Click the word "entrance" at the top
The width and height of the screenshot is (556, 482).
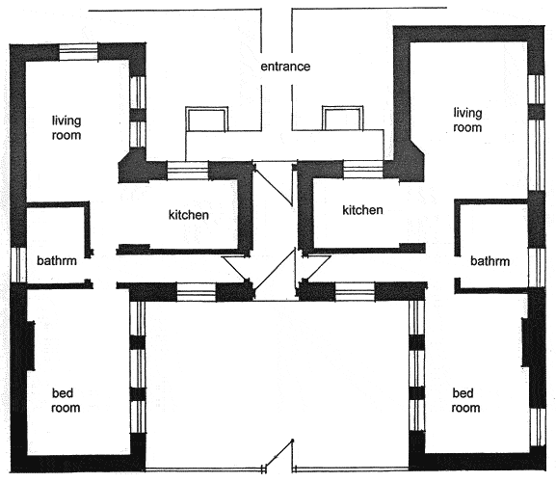coord(285,67)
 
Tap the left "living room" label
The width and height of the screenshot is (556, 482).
coord(66,127)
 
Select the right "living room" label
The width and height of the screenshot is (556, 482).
coord(467,120)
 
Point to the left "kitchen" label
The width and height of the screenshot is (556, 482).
coord(188,215)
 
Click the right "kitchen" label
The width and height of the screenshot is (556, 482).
coord(362,210)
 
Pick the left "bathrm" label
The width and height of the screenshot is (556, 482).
coord(57,260)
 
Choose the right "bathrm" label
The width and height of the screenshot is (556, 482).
coord(490,261)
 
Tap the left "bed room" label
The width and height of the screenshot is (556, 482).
coord(66,400)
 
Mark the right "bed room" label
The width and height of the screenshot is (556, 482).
coord(465,400)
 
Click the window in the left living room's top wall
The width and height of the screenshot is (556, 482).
coord(78,52)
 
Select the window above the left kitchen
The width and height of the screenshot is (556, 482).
coord(188,171)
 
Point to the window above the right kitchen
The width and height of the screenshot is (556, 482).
coord(363,170)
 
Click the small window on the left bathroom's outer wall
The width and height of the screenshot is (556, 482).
coord(18,264)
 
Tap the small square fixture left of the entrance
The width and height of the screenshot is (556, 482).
coord(207,119)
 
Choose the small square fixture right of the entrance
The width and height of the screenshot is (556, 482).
coord(342,119)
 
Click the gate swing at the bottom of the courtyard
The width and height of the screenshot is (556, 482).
coord(279,454)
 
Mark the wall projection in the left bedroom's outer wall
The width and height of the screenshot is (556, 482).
coord(30,346)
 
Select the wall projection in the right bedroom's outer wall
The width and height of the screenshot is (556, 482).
coord(526,342)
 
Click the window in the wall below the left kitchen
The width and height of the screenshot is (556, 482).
coord(196,293)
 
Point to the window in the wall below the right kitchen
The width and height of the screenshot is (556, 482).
coord(355,292)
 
